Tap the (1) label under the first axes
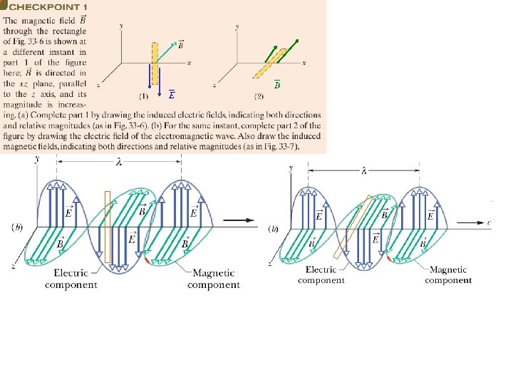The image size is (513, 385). [x=143, y=95]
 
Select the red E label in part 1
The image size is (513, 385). [x=172, y=95]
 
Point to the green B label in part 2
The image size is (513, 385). [x=277, y=85]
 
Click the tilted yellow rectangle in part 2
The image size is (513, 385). [x=274, y=62]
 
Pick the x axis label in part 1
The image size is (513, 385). [x=189, y=63]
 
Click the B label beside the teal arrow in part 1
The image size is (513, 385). [x=182, y=44]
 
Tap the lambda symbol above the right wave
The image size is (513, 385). [x=364, y=170]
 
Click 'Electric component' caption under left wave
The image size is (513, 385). [x=71, y=279]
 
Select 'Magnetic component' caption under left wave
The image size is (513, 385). [x=213, y=279]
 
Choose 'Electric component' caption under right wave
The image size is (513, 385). [x=321, y=275]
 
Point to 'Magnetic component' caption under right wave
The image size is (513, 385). [x=448, y=275]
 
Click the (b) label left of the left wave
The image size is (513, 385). [x=19, y=227]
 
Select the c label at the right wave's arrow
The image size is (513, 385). [x=489, y=222]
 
